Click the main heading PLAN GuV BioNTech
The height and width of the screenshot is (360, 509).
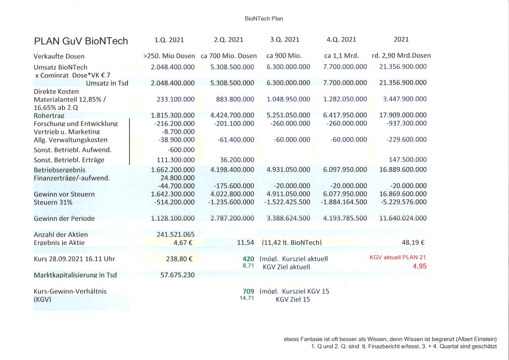tap(81, 41)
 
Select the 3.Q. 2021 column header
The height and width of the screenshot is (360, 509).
tap(285, 40)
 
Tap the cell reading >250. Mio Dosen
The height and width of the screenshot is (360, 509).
tap(169, 56)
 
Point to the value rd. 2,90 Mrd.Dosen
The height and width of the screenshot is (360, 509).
tap(401, 56)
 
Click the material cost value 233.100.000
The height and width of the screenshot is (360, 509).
tap(175, 99)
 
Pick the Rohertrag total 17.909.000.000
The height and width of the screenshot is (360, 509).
tap(403, 115)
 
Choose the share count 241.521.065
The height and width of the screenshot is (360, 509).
tap(175, 235)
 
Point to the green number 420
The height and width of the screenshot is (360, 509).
tap(248, 259)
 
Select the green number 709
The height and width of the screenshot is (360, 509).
tap(248, 291)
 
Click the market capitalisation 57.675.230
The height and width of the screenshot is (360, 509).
tap(175, 275)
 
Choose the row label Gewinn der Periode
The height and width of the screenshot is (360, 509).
tap(64, 218)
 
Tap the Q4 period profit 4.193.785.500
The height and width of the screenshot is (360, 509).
tap(345, 218)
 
